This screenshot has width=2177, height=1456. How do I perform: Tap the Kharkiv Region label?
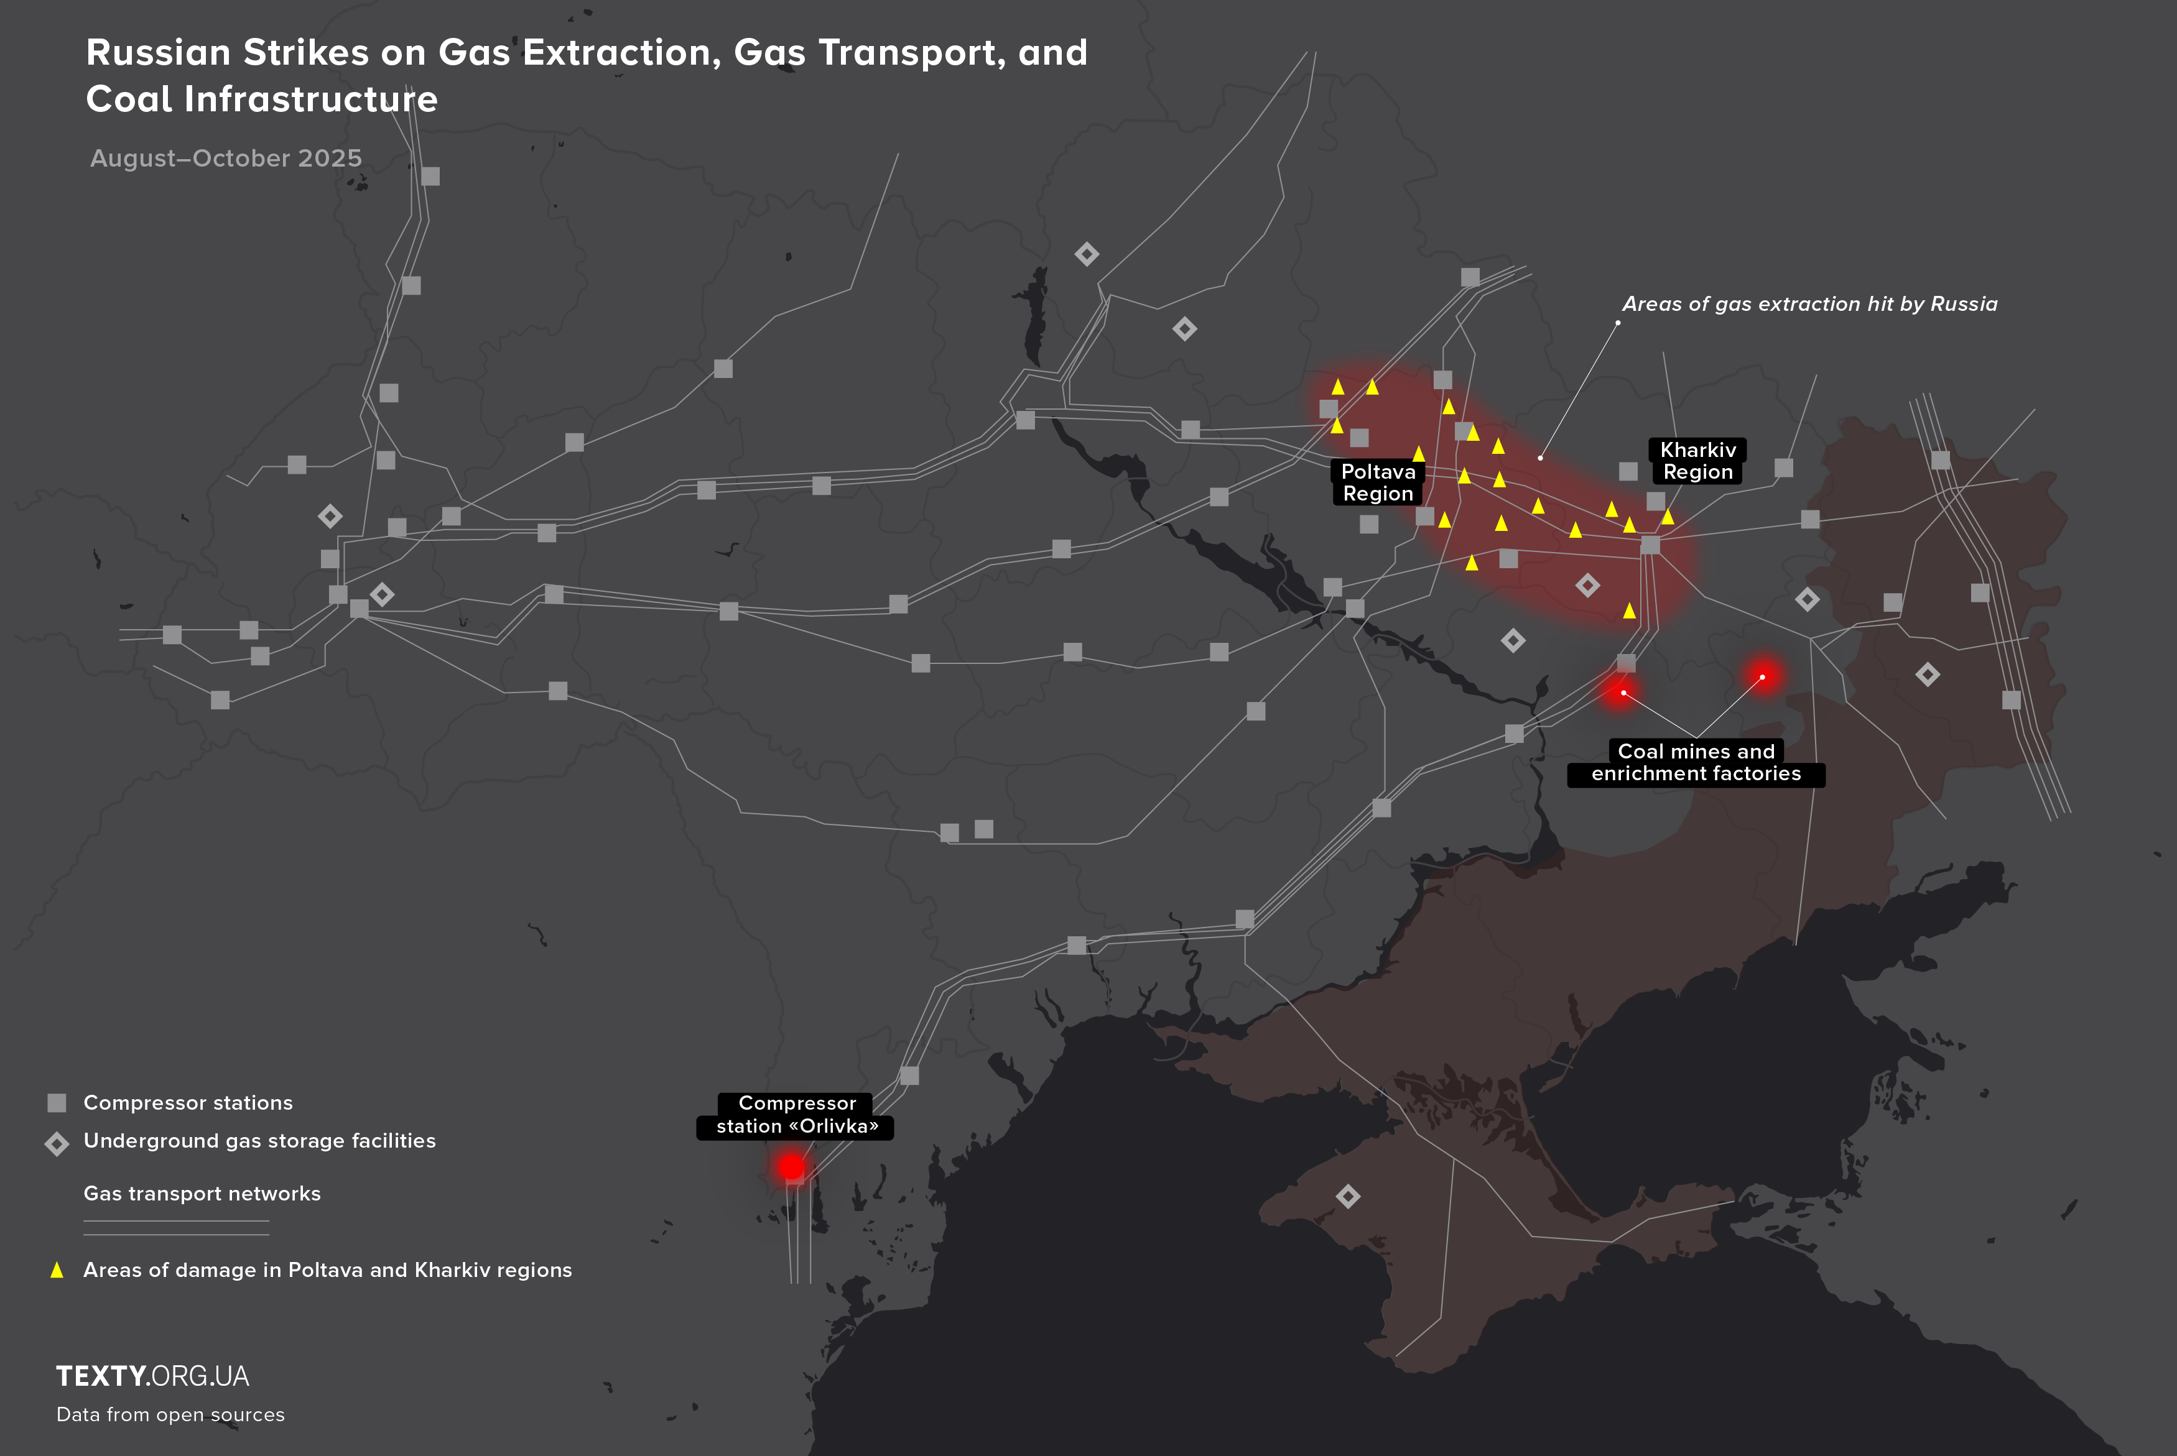[x=1698, y=461]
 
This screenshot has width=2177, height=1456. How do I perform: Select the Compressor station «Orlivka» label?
[x=797, y=1114]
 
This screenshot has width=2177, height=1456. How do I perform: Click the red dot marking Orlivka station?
[x=791, y=1166]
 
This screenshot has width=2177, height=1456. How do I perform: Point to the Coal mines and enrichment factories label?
[x=1696, y=762]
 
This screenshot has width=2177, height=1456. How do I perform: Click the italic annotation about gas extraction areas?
[x=1809, y=303]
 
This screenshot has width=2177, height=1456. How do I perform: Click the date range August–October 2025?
[x=226, y=159]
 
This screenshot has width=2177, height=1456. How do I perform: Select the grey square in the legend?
[x=57, y=1102]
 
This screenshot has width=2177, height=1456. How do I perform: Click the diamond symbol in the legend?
[x=57, y=1143]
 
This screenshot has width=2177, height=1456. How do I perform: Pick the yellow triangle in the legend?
[x=57, y=1269]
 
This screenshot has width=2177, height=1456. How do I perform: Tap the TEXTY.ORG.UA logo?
[x=152, y=1376]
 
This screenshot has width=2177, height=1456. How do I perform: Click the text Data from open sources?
[x=171, y=1414]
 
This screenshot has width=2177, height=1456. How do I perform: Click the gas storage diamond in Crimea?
[x=1348, y=1196]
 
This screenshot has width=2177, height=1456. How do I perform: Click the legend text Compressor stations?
[x=188, y=1102]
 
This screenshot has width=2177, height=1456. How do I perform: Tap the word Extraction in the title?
[x=621, y=53]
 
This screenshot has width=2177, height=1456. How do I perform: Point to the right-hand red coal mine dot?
[x=1762, y=676]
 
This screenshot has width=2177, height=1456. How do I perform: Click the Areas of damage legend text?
[x=327, y=1269]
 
